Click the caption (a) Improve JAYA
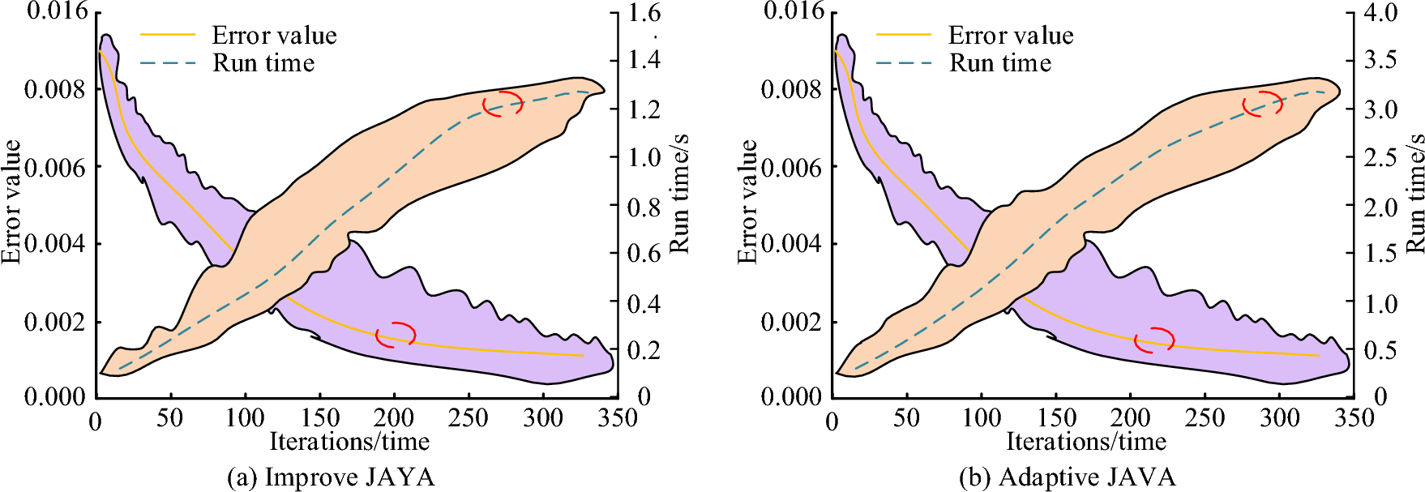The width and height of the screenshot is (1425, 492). (x=331, y=477)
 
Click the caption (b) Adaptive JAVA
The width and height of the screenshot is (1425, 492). (x=1067, y=477)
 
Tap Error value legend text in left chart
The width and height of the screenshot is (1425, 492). (x=274, y=36)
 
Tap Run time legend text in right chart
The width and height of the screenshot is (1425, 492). (x=1000, y=63)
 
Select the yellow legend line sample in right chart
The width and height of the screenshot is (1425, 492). (x=904, y=35)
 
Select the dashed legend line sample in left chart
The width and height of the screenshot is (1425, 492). (x=168, y=63)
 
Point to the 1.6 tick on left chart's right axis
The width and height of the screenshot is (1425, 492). (x=645, y=12)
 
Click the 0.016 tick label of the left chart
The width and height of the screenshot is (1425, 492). (x=57, y=11)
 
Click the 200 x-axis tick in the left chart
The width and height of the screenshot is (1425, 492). (x=393, y=418)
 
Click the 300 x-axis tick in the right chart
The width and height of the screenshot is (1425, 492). (x=1279, y=418)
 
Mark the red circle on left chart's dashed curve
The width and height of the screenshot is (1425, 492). (x=503, y=104)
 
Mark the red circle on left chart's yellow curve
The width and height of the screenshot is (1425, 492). (x=396, y=334)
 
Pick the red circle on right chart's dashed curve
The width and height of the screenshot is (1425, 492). (x=1263, y=104)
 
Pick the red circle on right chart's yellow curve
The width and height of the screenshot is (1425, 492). (x=1154, y=340)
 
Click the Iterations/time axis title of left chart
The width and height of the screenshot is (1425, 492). (x=349, y=442)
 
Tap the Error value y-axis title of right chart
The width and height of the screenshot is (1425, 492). (x=747, y=201)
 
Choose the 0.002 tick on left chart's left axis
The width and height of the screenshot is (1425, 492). (x=54, y=322)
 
